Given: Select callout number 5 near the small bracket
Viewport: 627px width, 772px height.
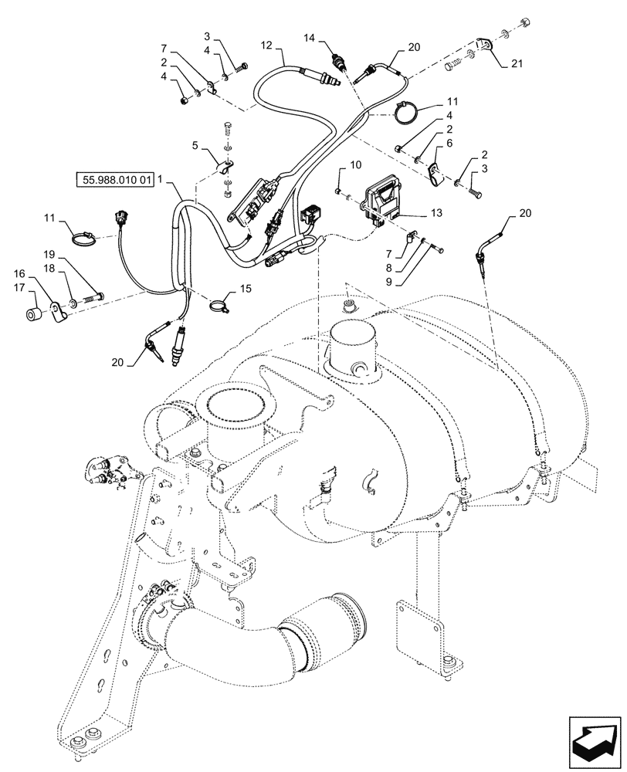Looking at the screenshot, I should [x=195, y=144].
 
